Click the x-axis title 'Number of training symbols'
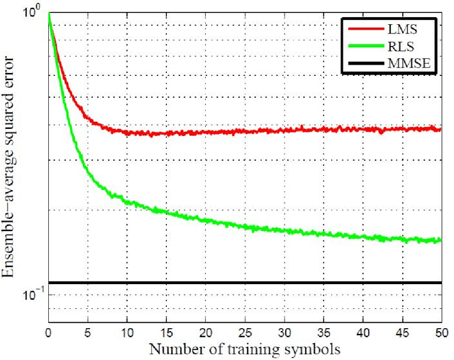pos(244,349)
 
